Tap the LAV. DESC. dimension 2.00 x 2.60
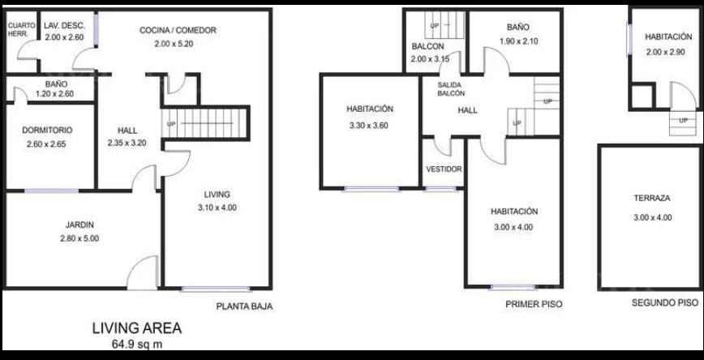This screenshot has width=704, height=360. (65, 38)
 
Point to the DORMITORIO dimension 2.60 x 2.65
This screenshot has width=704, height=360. (47, 144)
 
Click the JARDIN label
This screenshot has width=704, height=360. (79, 225)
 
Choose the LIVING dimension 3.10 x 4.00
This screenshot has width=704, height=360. (217, 208)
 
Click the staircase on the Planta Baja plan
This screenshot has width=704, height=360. (204, 123)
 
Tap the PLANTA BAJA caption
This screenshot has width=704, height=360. (245, 307)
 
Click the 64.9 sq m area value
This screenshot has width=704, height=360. (137, 345)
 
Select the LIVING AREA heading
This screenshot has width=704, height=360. (137, 328)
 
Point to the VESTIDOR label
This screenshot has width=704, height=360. (444, 169)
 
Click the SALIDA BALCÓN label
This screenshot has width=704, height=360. (451, 89)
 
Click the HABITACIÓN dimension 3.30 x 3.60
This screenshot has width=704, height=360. (368, 126)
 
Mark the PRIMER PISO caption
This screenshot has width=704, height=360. (534, 304)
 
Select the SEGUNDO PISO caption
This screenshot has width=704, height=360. (665, 303)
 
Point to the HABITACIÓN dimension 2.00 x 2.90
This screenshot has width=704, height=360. (665, 52)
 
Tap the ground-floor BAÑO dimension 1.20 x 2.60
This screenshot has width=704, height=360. (54, 94)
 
